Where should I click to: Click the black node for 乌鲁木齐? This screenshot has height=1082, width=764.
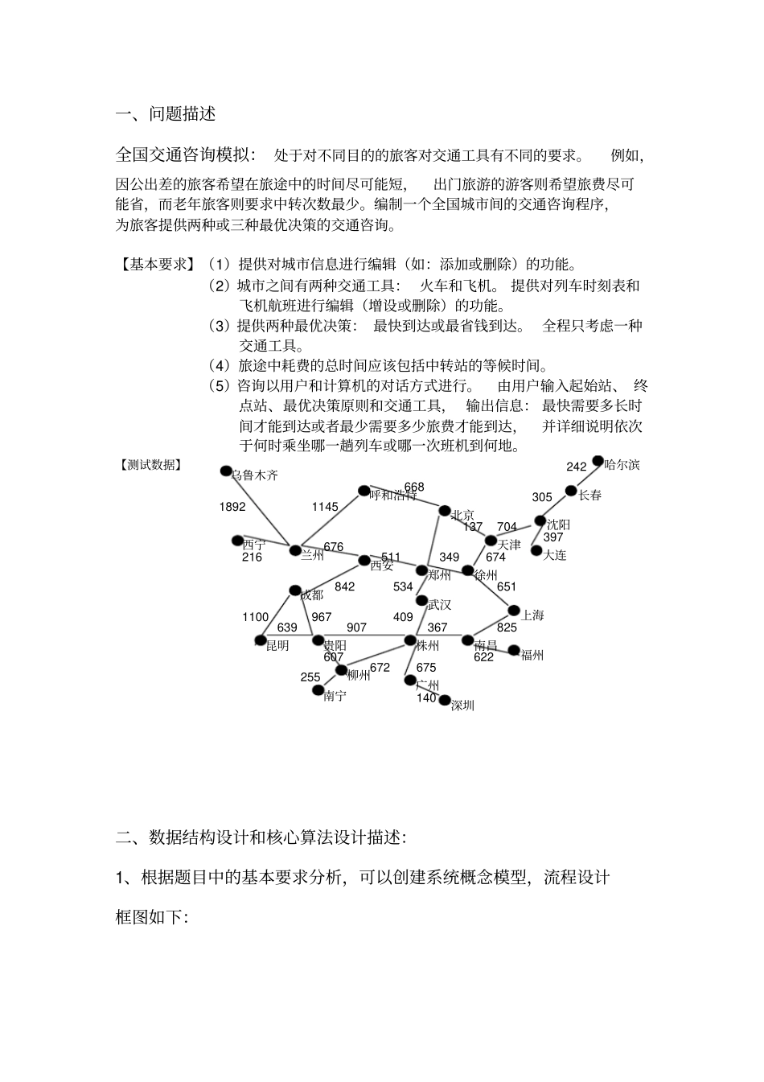(x=226, y=471)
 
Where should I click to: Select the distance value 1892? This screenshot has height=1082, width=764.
(x=232, y=507)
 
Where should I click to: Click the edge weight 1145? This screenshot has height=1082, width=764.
(x=325, y=506)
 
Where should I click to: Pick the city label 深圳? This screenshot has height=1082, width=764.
(x=462, y=706)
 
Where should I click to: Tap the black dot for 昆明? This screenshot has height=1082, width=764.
(x=260, y=641)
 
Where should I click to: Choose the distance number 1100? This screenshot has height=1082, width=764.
(x=255, y=617)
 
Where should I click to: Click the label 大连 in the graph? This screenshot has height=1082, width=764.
(x=555, y=555)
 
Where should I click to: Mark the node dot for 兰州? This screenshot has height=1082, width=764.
(x=294, y=549)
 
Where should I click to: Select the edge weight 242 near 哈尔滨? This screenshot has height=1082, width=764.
(x=576, y=467)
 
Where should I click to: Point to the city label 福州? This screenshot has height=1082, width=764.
(x=532, y=655)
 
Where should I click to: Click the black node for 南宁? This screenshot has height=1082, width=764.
(x=318, y=690)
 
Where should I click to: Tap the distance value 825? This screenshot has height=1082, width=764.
(x=507, y=627)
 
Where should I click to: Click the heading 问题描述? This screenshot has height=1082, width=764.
(x=183, y=113)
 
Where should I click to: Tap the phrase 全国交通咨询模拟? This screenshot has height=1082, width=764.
(x=184, y=154)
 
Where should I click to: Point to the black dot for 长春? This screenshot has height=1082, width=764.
(x=571, y=491)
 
